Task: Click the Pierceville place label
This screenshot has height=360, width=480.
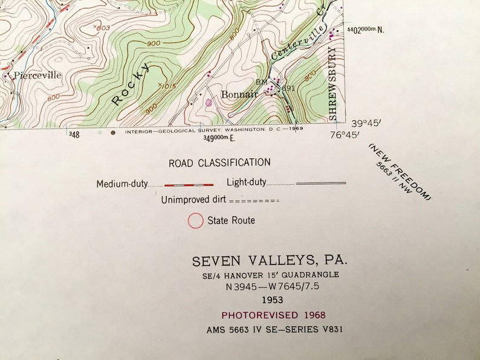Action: [38, 76]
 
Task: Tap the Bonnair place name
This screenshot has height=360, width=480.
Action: [239, 94]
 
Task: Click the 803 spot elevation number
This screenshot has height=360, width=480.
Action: [103, 28]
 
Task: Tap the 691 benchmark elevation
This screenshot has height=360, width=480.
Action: [288, 88]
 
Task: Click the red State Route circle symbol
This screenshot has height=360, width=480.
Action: [195, 221]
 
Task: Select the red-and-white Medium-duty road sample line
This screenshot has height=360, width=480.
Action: [189, 184]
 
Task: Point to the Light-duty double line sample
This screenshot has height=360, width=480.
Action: [320, 182]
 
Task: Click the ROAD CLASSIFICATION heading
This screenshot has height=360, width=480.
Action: [219, 162]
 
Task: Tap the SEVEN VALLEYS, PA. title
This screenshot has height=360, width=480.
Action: [270, 261]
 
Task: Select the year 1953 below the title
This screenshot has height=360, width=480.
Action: [273, 300]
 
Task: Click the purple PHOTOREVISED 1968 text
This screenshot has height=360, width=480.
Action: [273, 315]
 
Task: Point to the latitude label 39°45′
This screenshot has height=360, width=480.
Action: [365, 123]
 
